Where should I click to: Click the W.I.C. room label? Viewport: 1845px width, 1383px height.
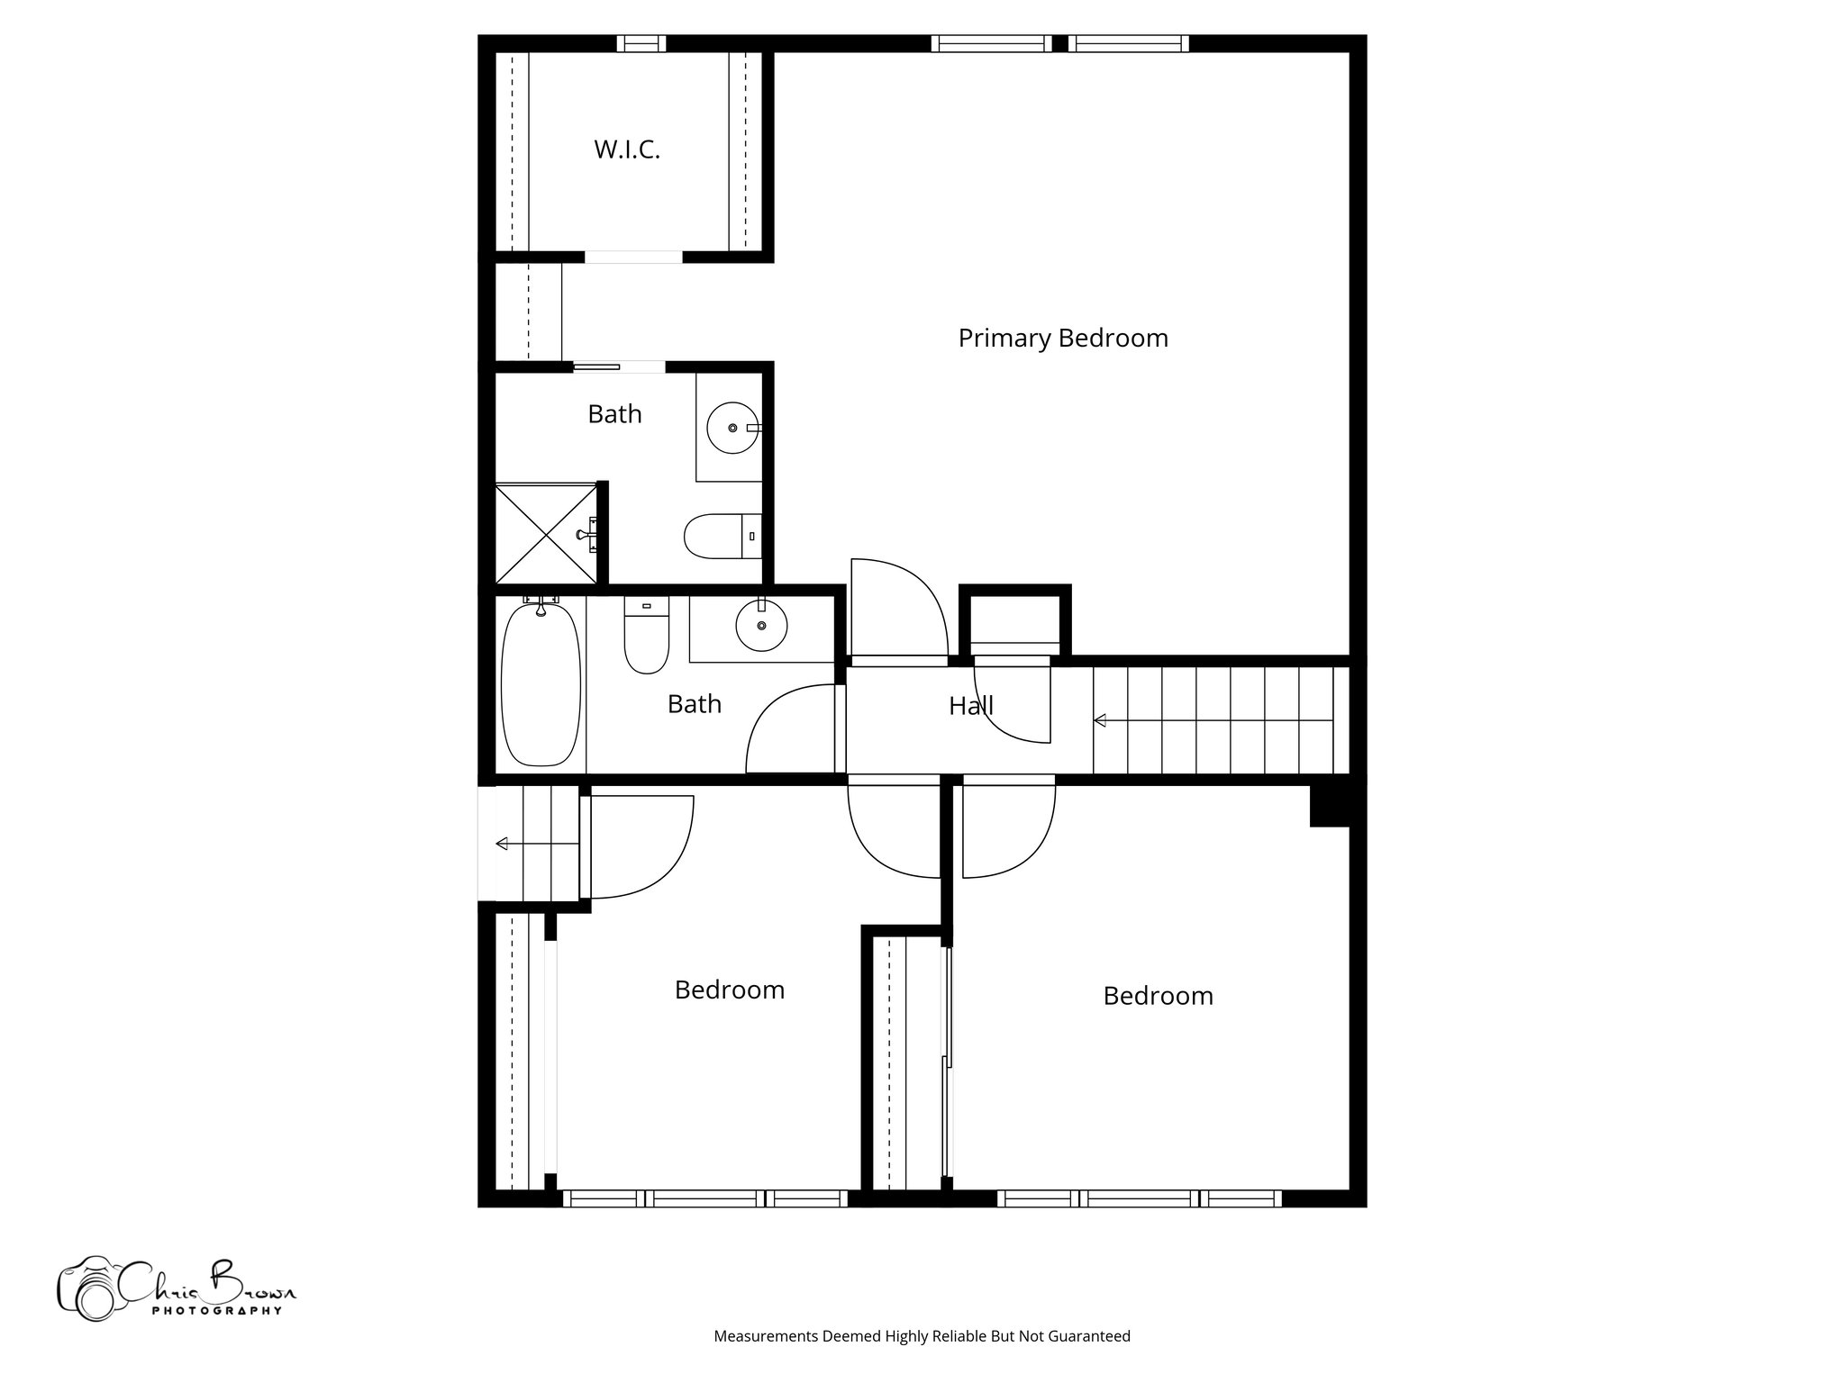pyautogui.click(x=627, y=150)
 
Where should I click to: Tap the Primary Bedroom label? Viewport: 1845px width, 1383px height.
pyautogui.click(x=1062, y=339)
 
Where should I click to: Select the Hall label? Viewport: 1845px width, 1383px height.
pyautogui.click(x=970, y=706)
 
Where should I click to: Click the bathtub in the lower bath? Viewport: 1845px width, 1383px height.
pyautogui.click(x=540, y=684)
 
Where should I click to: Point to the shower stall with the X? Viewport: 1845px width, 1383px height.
pyautogui.click(x=546, y=534)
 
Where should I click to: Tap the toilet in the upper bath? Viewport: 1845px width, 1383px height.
pyautogui.click(x=721, y=536)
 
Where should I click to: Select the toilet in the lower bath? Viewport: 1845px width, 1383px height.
pyautogui.click(x=646, y=637)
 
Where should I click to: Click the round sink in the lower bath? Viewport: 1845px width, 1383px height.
pyautogui.click(x=761, y=626)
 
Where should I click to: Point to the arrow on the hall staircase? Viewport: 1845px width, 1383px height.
pyautogui.click(x=1100, y=720)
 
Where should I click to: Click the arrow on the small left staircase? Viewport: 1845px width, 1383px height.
pyautogui.click(x=502, y=844)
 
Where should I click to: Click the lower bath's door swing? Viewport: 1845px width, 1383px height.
pyautogui.click(x=790, y=729)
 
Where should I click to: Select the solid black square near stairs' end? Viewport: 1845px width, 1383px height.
pyautogui.click(x=1330, y=805)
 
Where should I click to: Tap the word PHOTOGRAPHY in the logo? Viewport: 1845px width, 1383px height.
pyautogui.click(x=216, y=1311)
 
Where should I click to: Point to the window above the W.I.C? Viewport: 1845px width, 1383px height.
pyautogui.click(x=641, y=43)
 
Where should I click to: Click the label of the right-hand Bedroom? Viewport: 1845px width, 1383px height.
pyautogui.click(x=1158, y=996)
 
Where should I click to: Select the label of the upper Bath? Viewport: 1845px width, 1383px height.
pyautogui.click(x=614, y=414)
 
